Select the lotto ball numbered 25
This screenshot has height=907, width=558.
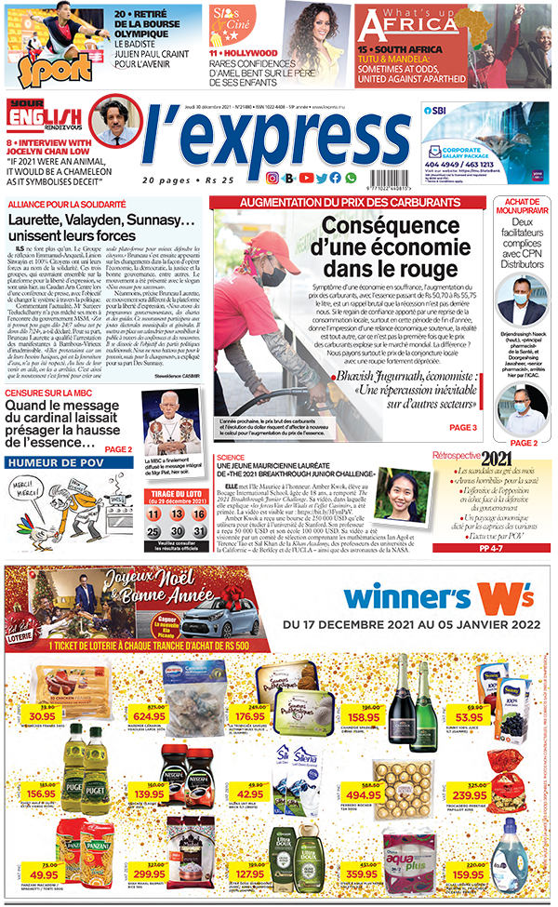coord(153,530)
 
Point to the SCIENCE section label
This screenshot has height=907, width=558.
coord(232,458)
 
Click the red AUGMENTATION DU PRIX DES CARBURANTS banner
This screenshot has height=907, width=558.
coord(348,202)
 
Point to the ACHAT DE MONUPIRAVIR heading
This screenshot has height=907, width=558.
coord(524,208)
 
